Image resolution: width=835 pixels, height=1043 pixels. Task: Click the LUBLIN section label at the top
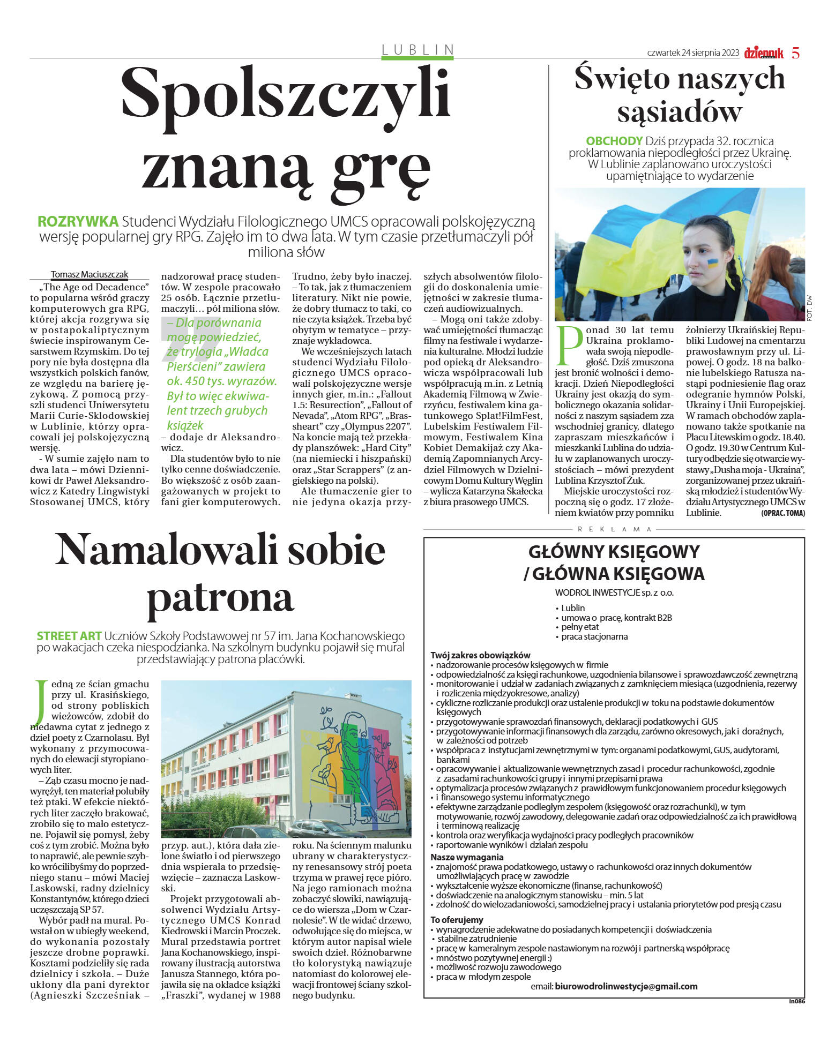[418, 50]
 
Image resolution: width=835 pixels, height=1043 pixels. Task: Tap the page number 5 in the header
[795, 53]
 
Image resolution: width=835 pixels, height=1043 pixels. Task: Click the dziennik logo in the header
[763, 53]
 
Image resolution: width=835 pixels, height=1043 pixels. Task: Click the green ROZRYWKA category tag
[78, 221]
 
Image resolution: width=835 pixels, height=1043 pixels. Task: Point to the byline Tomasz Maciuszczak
[90, 275]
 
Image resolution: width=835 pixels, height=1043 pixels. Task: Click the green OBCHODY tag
[614, 141]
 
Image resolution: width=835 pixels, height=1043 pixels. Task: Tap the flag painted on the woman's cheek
[712, 262]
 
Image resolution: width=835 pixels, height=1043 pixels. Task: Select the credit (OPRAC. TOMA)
[782, 513]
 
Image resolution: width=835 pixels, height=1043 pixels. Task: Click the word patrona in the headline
[220, 597]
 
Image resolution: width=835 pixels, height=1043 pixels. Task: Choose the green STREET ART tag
[69, 636]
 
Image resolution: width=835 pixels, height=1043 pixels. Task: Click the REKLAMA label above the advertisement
[614, 529]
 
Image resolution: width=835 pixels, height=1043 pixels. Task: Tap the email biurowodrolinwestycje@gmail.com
[626, 986]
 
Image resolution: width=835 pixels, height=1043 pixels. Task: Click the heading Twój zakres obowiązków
[480, 655]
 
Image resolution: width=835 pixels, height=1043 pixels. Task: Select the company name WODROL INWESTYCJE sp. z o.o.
[614, 593]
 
